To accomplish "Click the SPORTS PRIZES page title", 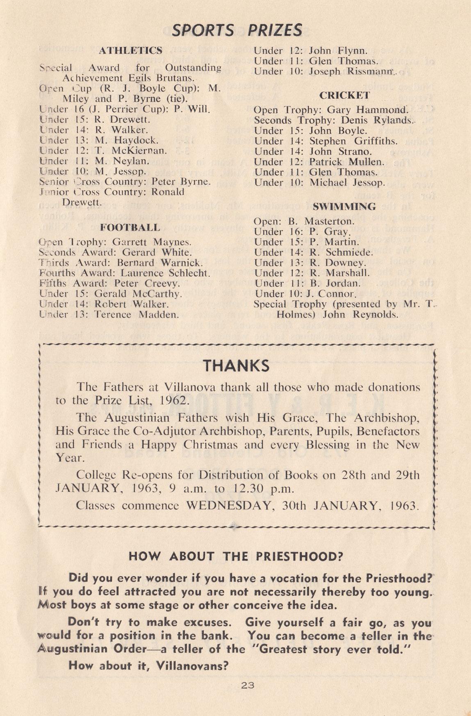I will click(x=237, y=30).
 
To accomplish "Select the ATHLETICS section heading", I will click(x=131, y=51).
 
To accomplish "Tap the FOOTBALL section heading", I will click(x=130, y=228).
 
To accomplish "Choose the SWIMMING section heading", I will click(x=344, y=207).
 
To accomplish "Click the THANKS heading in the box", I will click(x=237, y=365).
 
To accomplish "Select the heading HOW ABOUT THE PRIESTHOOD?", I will click(x=236, y=556).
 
